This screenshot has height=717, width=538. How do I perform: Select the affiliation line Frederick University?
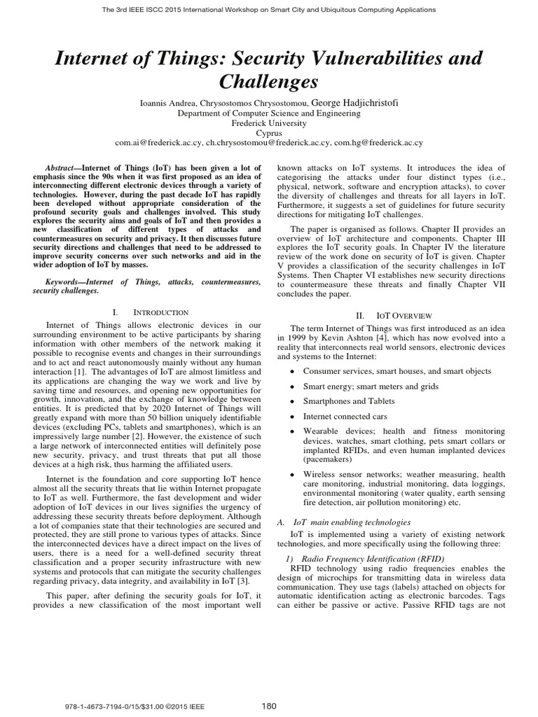[269, 122]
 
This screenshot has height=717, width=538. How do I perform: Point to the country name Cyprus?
[269, 132]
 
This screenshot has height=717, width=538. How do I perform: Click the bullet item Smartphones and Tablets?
[349, 401]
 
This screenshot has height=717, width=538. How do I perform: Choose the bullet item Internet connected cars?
[345, 416]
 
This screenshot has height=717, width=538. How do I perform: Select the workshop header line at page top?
[269, 9]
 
